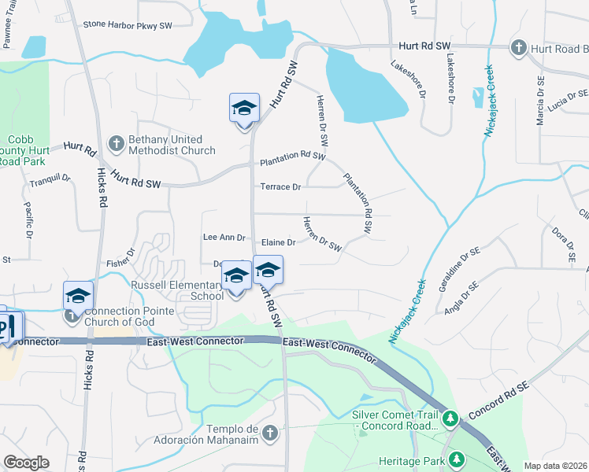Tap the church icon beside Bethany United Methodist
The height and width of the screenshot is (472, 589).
click(116, 143)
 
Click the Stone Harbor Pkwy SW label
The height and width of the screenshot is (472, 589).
click(127, 26)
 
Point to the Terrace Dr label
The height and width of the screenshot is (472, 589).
click(281, 187)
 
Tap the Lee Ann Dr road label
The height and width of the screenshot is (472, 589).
click(224, 237)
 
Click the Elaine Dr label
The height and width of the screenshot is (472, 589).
click(278, 243)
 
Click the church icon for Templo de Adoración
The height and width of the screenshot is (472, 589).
click(270, 433)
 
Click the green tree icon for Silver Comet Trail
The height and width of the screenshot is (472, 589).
click(450, 419)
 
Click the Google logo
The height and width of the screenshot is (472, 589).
click(26, 463)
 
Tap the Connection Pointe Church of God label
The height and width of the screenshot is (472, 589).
click(127, 316)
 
